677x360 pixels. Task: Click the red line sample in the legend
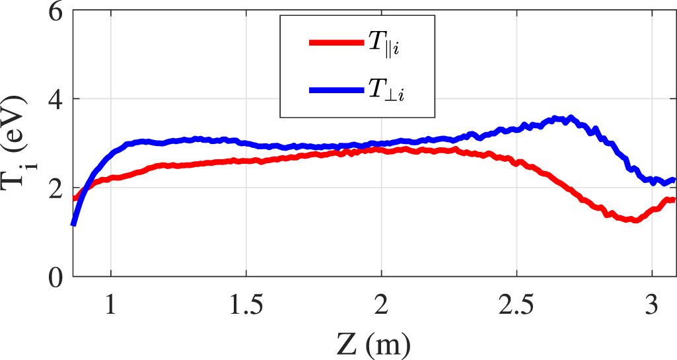click(336, 43)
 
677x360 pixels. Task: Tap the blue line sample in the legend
click(336, 90)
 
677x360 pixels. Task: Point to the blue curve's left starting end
click(73, 225)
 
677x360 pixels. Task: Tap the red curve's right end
click(673, 199)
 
